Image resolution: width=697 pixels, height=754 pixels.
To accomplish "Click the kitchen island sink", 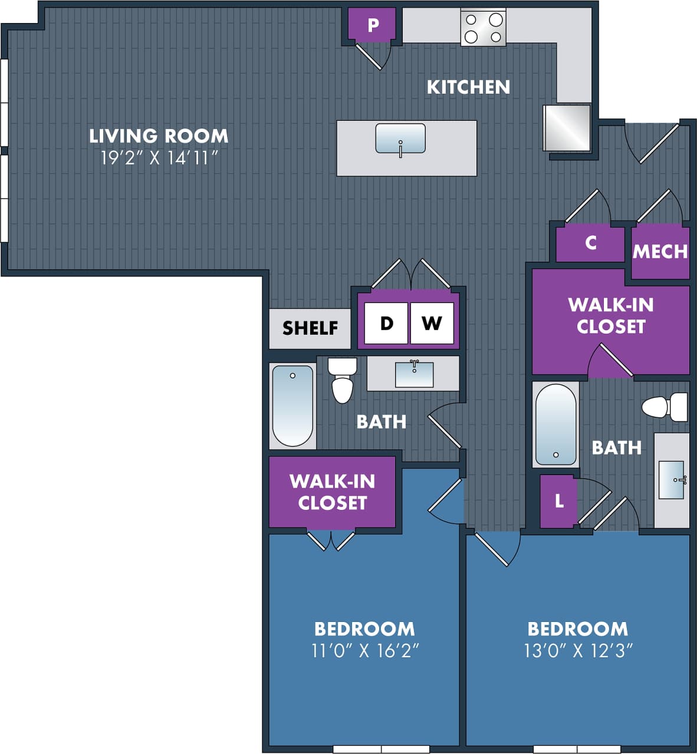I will (400, 139).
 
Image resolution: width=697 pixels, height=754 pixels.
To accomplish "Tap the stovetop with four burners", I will (483, 28).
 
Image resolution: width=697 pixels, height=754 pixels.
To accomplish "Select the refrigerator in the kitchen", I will (566, 127).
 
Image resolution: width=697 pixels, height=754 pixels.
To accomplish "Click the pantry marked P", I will (373, 25).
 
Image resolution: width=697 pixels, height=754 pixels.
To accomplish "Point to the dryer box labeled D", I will (386, 323).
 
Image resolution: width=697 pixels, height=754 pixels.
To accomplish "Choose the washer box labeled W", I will (432, 323).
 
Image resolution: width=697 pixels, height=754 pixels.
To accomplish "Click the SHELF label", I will (310, 328).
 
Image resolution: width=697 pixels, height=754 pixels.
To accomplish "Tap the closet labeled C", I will (590, 243).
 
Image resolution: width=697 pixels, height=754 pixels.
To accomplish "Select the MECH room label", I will (660, 252).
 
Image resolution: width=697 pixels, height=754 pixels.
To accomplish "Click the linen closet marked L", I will (558, 501).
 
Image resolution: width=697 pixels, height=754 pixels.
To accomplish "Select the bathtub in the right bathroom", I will (555, 424).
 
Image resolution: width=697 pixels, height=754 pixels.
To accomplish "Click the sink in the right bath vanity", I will (671, 480).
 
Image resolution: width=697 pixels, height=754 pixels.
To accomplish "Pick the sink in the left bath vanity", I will (414, 374).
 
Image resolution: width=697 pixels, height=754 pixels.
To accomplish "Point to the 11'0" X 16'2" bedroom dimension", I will (364, 651).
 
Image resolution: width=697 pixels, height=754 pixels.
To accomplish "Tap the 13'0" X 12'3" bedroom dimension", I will (578, 651).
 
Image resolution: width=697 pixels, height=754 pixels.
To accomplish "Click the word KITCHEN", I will (468, 87).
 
